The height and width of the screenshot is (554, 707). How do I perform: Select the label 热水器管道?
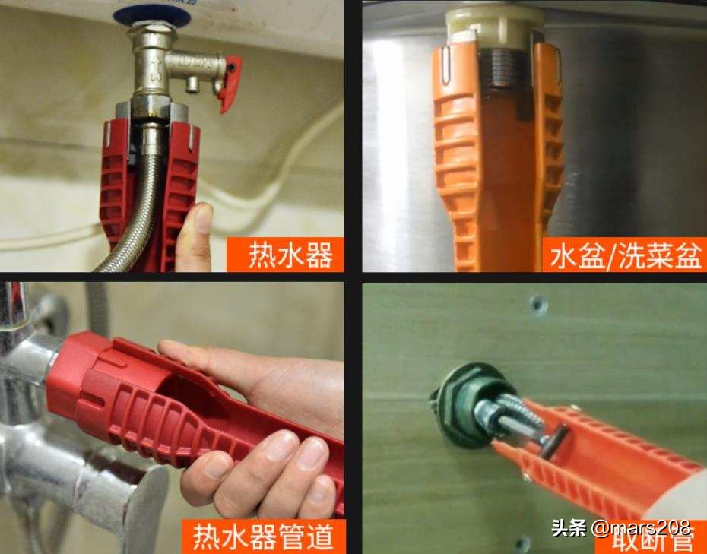263,537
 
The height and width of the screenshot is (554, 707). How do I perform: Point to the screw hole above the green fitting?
539,305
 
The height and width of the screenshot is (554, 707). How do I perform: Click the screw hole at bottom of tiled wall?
522,543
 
